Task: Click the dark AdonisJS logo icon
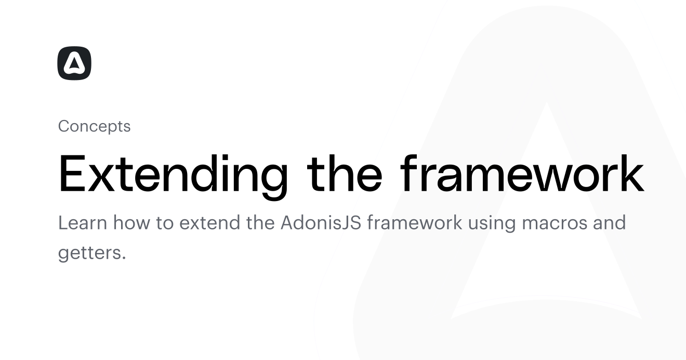(74, 63)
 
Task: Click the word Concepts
(95, 126)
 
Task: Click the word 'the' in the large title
(345, 174)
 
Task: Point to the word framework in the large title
(522, 174)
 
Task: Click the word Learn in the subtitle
(83, 222)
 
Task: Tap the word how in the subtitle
(131, 222)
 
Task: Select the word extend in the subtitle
(210, 222)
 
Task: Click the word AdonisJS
(321, 222)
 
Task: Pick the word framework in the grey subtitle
(415, 222)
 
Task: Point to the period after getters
(124, 259)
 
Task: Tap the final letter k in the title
(631, 174)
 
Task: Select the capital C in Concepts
(64, 126)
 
